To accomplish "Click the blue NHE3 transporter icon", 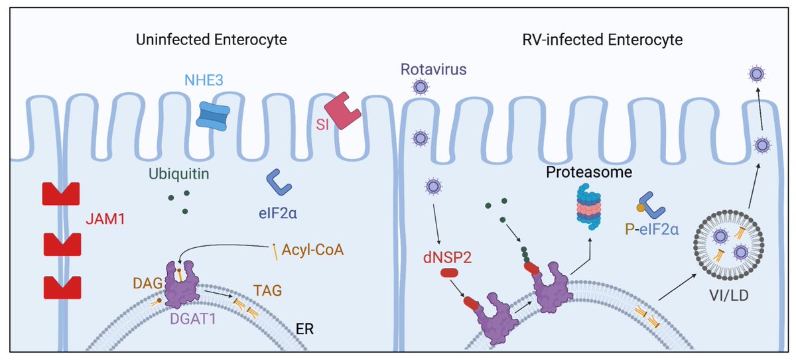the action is click(213, 116).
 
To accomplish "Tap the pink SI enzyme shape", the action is click(342, 111).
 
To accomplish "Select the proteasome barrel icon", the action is click(588, 207).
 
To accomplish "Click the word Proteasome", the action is click(589, 172).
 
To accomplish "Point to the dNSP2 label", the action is click(447, 257).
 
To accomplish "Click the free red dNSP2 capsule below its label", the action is click(449, 273).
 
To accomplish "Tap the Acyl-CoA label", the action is click(312, 250).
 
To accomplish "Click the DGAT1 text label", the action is click(192, 319).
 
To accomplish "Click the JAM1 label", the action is click(105, 219).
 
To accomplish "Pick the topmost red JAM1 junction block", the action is click(61, 194).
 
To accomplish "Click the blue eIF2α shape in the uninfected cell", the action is click(279, 182).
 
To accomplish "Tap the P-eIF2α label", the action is click(651, 229).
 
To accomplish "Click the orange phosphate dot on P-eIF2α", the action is click(640, 208).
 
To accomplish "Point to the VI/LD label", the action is click(729, 296).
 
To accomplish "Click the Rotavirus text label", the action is click(434, 70).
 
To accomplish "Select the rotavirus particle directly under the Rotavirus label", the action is click(421, 87).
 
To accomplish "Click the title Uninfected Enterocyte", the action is click(211, 40).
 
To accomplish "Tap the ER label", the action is click(304, 330).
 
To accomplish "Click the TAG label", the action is click(267, 291).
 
